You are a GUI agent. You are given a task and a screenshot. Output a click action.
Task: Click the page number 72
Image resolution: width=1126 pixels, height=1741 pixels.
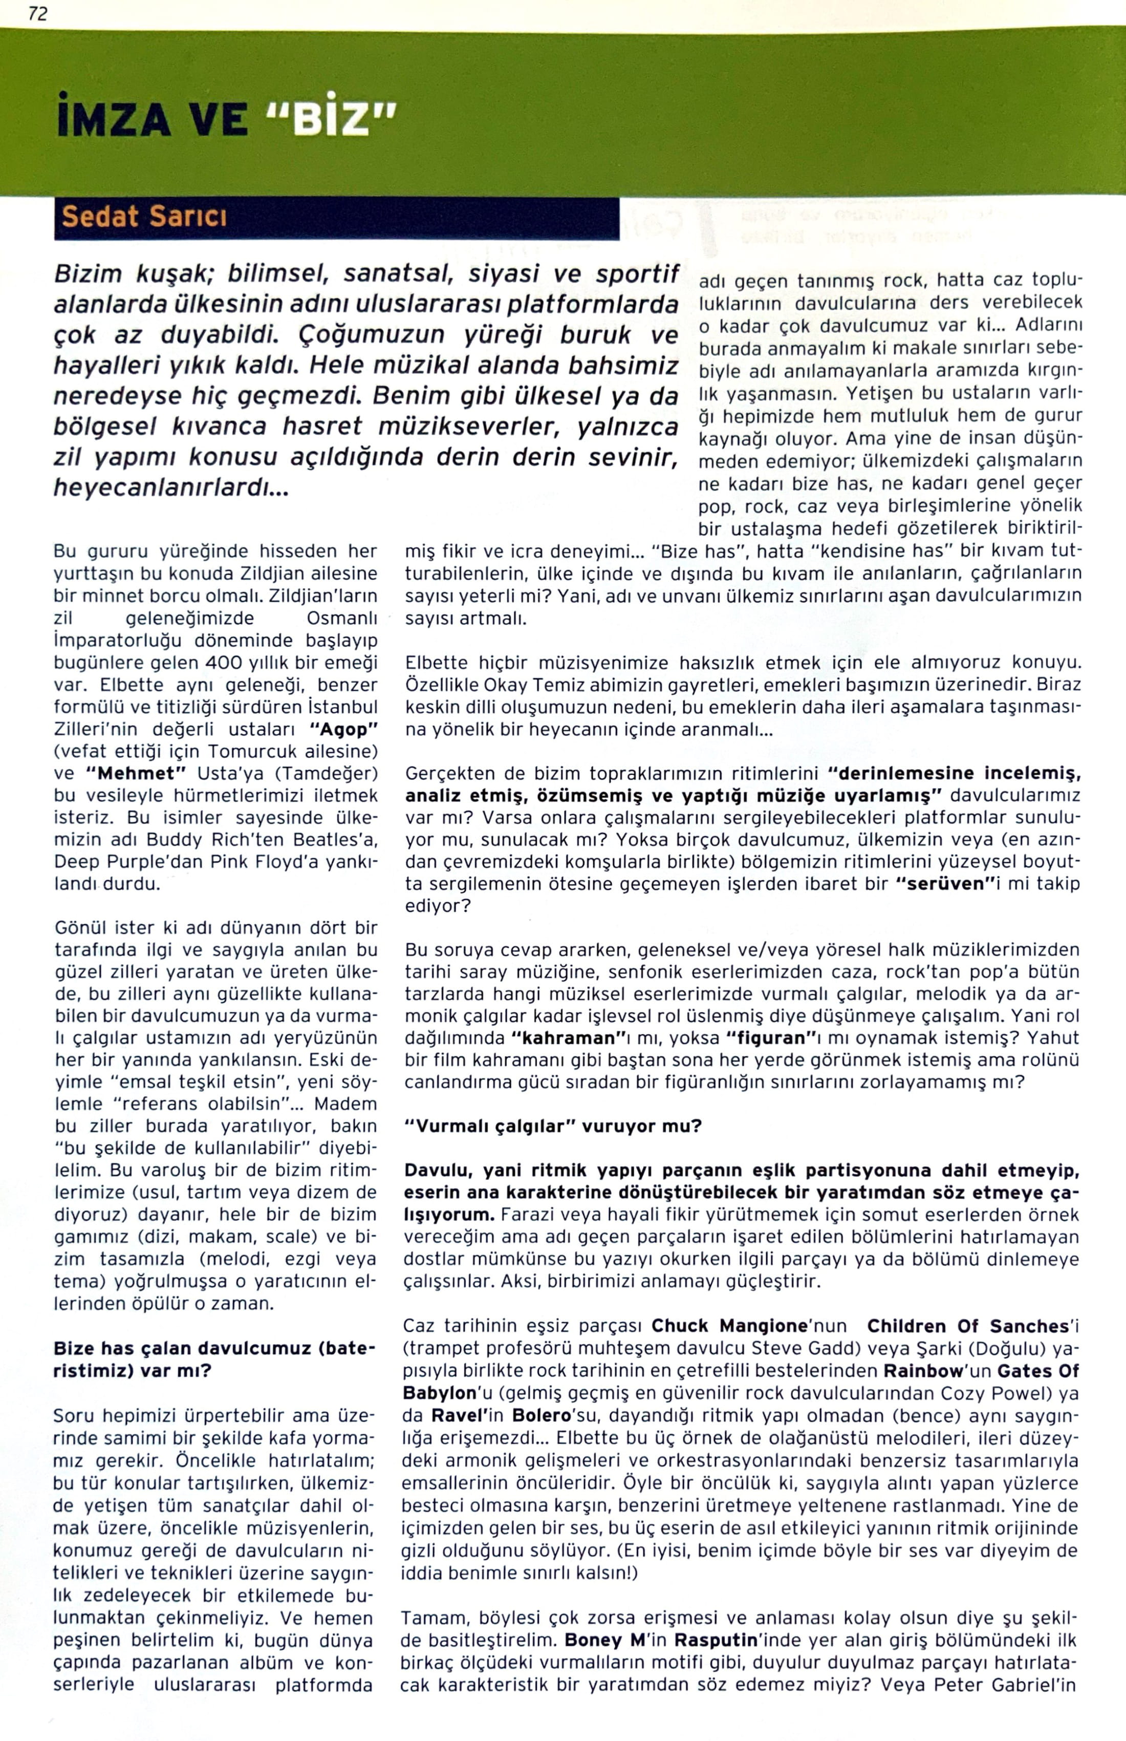click(38, 13)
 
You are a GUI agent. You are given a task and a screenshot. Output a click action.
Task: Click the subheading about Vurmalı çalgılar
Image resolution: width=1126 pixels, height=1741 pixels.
click(553, 1126)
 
